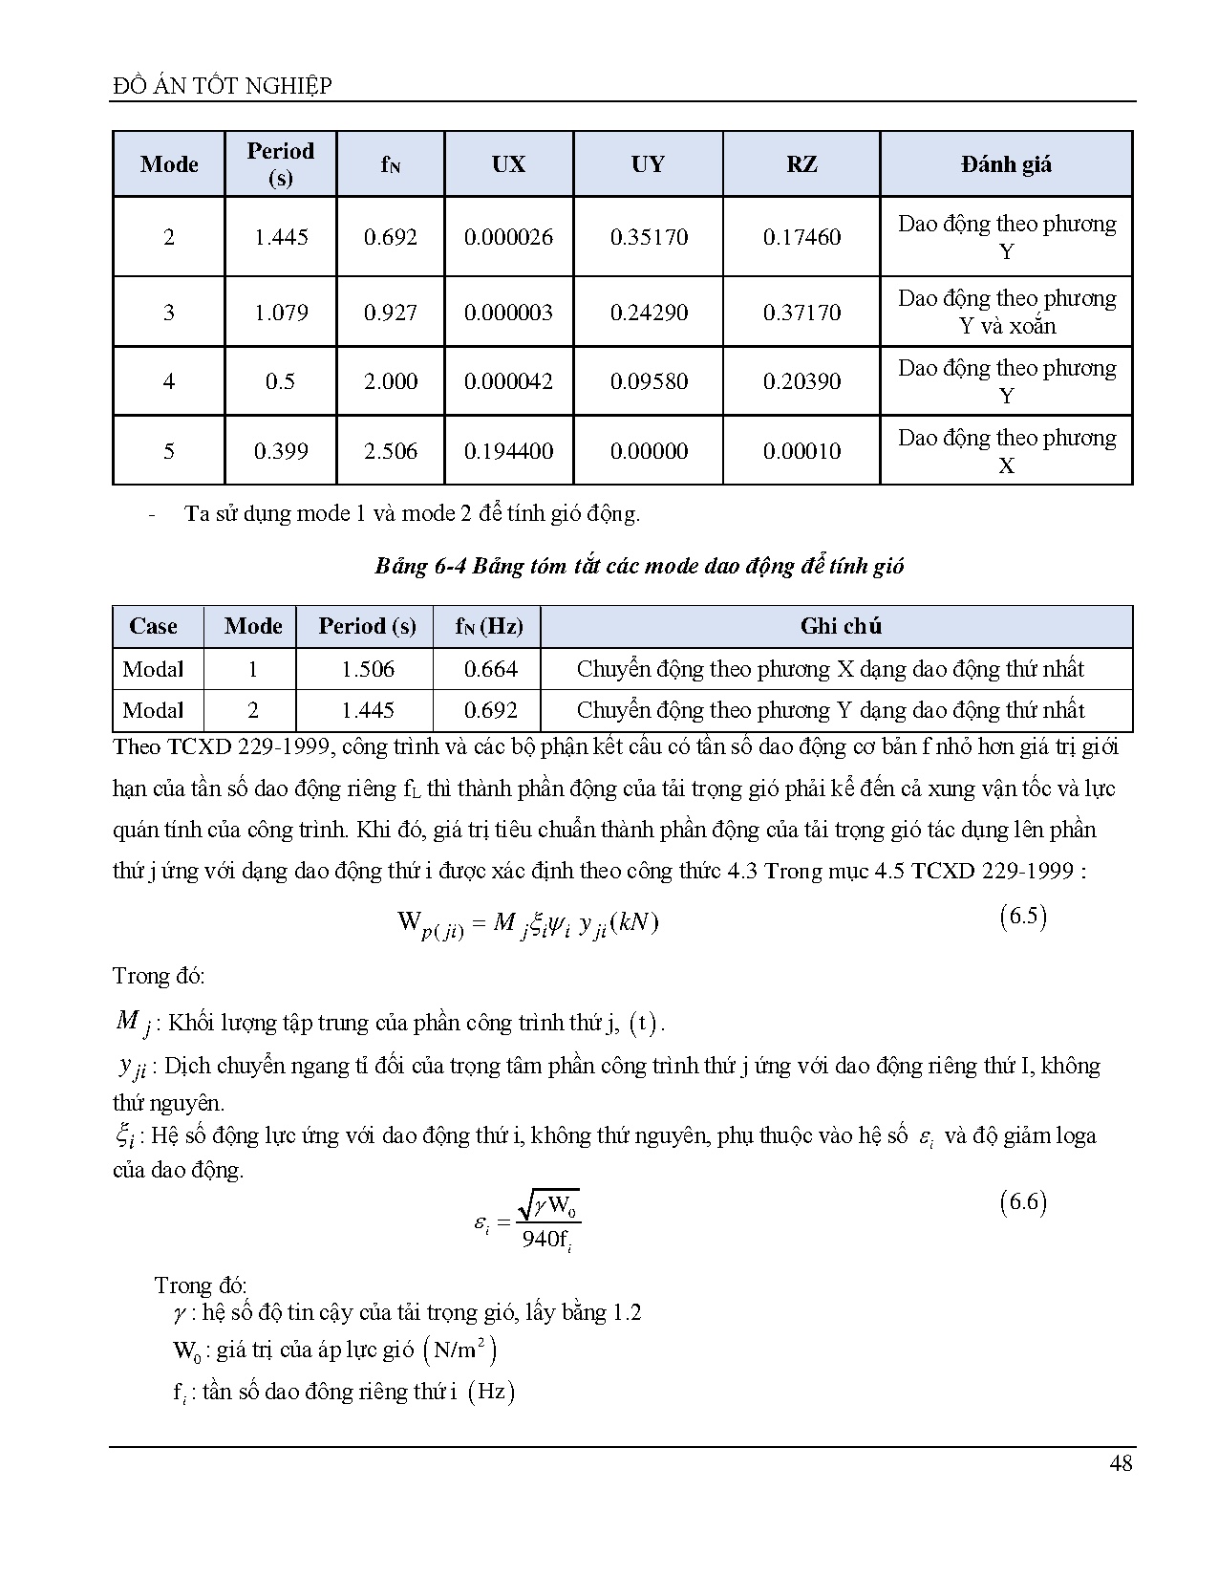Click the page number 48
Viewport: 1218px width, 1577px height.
click(x=1121, y=1462)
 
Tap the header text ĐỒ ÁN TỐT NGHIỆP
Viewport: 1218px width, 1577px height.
click(x=222, y=86)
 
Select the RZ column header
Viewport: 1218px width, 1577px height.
click(x=801, y=164)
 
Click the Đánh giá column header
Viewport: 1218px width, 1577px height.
click(x=1006, y=164)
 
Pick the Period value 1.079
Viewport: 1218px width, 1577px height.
click(x=281, y=313)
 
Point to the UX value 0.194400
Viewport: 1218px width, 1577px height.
click(x=508, y=451)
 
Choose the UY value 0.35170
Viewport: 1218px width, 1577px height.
click(x=649, y=237)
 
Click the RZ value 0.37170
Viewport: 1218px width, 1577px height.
click(x=801, y=313)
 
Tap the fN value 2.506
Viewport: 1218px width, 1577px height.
click(x=390, y=451)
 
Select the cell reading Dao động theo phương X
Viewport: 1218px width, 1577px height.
click(x=1006, y=451)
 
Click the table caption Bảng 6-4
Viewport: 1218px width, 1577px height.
click(x=638, y=566)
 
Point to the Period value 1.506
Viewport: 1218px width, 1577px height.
click(x=368, y=669)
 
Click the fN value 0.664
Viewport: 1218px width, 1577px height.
click(x=490, y=669)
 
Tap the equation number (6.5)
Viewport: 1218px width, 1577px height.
click(x=1023, y=918)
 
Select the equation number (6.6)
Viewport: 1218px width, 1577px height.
click(x=1023, y=1201)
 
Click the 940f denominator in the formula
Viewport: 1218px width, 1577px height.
click(x=546, y=1240)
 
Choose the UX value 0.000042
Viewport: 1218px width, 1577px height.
click(x=508, y=381)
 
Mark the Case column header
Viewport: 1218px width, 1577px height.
click(x=153, y=626)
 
